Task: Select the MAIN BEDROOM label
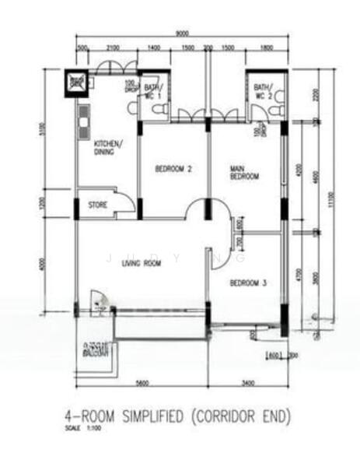(244, 172)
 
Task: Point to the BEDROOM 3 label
(248, 283)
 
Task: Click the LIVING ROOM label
(141, 264)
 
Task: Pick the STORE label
(97, 205)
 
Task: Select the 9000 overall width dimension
(180, 33)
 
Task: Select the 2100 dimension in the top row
(114, 48)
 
